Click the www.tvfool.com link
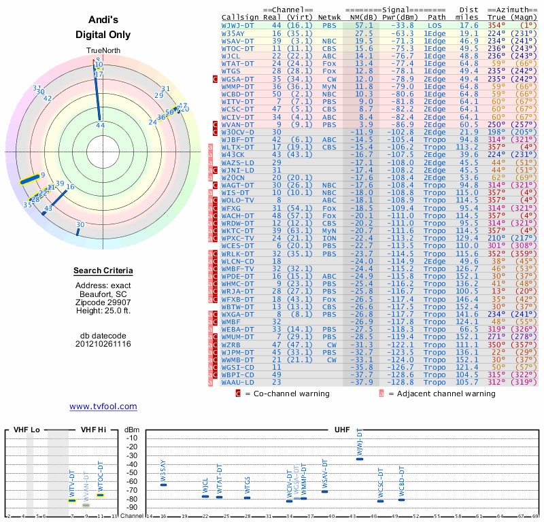[103, 406]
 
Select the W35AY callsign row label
[233, 33]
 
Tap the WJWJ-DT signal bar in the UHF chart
[360, 459]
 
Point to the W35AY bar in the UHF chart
[163, 485]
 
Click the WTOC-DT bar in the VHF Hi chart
[100, 495]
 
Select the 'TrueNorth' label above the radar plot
[103, 51]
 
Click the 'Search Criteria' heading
[103, 271]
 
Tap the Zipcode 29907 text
[103, 302]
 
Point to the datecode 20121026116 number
[103, 344]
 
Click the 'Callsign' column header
[240, 16]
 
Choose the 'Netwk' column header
[329, 16]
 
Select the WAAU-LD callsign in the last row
[238, 382]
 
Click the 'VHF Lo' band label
[27, 430]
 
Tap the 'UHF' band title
[342, 430]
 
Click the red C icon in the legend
[239, 393]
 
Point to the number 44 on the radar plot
[100, 125]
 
